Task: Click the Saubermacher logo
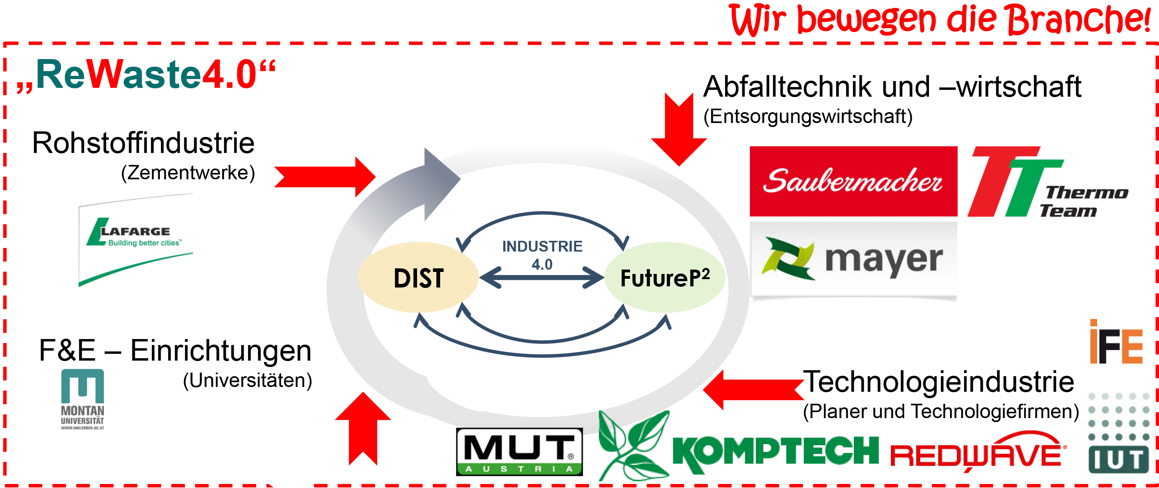tap(853, 181)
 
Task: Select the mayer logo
tap(853, 260)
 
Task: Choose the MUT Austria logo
tap(519, 452)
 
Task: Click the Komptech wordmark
tap(775, 450)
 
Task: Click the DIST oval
tap(418, 278)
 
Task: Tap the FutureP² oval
tap(664, 278)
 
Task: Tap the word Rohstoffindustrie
tap(143, 143)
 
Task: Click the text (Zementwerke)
tap(188, 173)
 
